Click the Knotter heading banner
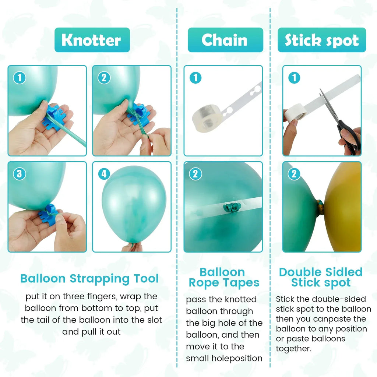92,40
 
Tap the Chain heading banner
225,40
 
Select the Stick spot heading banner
322,40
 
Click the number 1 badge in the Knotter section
20,78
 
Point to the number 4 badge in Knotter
104,174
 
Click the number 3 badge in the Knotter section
20,174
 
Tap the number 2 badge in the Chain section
195,174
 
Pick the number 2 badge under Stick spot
294,174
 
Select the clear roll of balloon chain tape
206,118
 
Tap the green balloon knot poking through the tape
232,208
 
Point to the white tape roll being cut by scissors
295,113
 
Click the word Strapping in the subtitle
99,279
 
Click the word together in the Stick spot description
293,348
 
